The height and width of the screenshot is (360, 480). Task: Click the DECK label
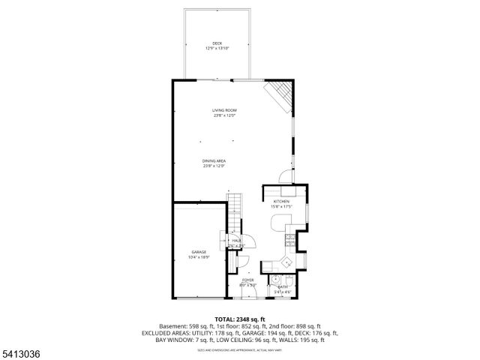[217, 43]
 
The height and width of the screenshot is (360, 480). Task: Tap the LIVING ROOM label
[224, 110]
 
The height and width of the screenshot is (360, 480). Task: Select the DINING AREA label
[214, 160]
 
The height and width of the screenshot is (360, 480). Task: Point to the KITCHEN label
[281, 202]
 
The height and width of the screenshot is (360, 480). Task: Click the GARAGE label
[198, 252]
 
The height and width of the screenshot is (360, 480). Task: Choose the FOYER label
[247, 280]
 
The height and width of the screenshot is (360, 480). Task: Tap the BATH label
[283, 286]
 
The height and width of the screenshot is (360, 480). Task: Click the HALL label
[236, 241]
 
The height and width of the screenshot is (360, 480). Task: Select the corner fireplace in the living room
[280, 94]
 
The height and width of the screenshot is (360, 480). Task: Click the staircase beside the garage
[235, 213]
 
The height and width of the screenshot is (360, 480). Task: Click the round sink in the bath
[275, 277]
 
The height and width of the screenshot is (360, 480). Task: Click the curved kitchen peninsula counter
[277, 222]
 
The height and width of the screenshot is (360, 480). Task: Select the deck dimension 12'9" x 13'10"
[217, 49]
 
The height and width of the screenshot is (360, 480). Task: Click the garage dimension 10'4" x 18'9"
[198, 257]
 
